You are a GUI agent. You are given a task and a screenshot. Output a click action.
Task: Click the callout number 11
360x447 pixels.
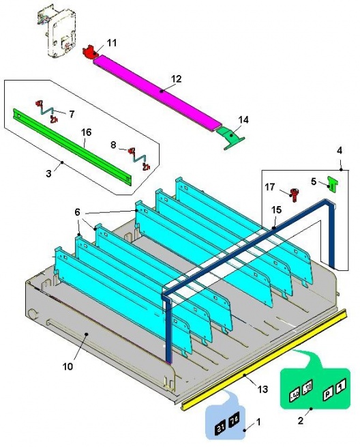[x=112, y=42]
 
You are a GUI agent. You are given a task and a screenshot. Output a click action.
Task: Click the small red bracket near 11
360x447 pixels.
[x=89, y=52]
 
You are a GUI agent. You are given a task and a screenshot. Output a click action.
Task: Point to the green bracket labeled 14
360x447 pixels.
[x=232, y=136]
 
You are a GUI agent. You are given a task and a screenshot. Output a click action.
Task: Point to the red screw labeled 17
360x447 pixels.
[x=293, y=194]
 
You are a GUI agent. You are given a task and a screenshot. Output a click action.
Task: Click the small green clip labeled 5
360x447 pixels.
[x=333, y=184]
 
